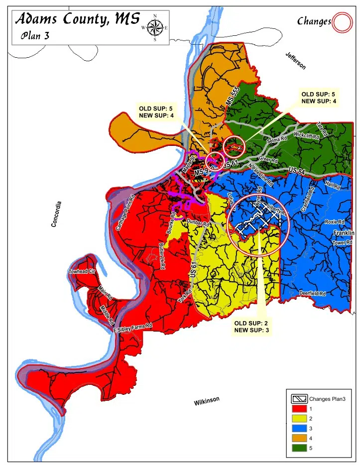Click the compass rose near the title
pos(155,27)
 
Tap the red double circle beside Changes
pos(342,21)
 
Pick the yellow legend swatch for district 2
pos(298,419)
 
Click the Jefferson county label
pos(295,61)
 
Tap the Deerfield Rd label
pos(312,294)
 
